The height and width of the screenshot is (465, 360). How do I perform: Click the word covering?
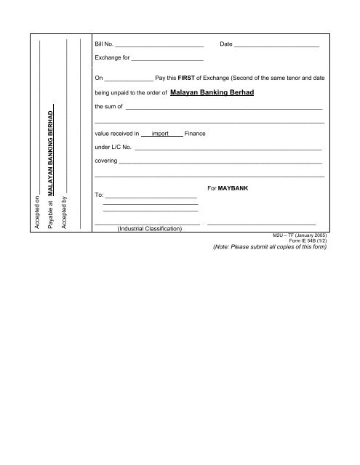coord(106,161)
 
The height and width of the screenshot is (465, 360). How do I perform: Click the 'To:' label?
coord(100,196)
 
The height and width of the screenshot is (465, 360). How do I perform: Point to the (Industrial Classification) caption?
coord(149,228)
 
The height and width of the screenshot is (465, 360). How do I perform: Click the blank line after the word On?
coord(129,78)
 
